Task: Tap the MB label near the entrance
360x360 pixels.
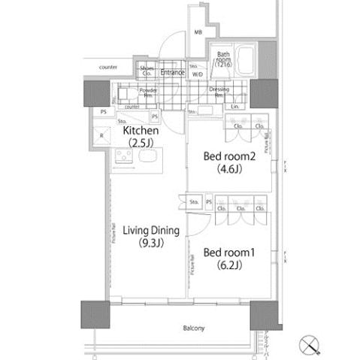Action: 198,33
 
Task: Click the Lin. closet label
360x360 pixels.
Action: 236,106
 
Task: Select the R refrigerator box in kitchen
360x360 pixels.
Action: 102,136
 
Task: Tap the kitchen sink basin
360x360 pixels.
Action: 147,158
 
